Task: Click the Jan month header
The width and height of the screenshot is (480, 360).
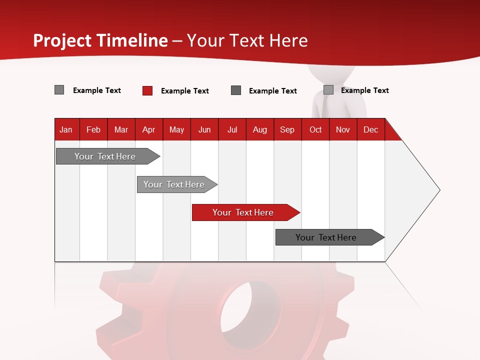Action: pyautogui.click(x=66, y=129)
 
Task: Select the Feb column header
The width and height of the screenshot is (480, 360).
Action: pyautogui.click(x=93, y=129)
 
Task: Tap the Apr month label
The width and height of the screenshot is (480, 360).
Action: pyautogui.click(x=148, y=129)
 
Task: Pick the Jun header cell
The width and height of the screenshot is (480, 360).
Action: pyautogui.click(x=204, y=129)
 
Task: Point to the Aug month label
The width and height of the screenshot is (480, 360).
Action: pyautogui.click(x=259, y=129)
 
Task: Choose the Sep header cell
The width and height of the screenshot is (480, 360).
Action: pyautogui.click(x=287, y=129)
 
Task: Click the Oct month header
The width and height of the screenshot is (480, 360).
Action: pyautogui.click(x=315, y=129)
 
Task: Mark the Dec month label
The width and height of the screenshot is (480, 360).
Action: pyautogui.click(x=370, y=129)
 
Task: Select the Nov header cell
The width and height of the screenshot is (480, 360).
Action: pyautogui.click(x=343, y=129)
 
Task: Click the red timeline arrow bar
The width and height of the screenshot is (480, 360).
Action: pyautogui.click(x=245, y=212)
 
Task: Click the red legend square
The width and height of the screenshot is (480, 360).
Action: pyautogui.click(x=147, y=90)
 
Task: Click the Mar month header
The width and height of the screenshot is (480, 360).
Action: pyautogui.click(x=121, y=129)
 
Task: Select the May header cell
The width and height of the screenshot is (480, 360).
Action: pyautogui.click(x=176, y=129)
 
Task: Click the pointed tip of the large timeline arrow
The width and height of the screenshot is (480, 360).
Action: pyautogui.click(x=438, y=190)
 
